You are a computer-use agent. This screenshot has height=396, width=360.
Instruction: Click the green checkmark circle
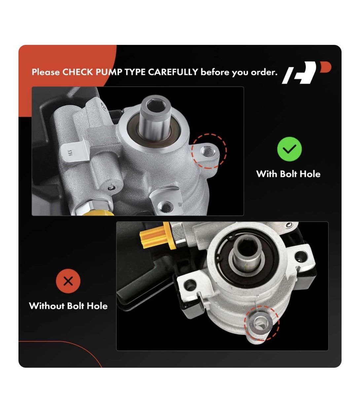[289, 149]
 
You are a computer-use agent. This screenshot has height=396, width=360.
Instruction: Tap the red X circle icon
[68, 281]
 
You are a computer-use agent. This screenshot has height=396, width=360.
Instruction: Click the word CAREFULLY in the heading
[173, 72]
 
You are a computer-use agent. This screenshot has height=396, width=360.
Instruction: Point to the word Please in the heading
[46, 72]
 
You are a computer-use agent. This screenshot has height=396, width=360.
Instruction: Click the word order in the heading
[264, 73]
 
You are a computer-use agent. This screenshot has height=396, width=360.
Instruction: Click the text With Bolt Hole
[288, 174]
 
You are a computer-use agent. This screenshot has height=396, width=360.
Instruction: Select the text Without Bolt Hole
[68, 306]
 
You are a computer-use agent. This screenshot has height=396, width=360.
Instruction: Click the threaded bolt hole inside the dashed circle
[207, 151]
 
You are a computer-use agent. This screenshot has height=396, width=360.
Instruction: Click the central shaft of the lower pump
[248, 253]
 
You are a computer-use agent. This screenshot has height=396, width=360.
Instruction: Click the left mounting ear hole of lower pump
[190, 284]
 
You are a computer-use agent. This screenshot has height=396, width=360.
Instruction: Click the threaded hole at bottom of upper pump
[165, 207]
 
